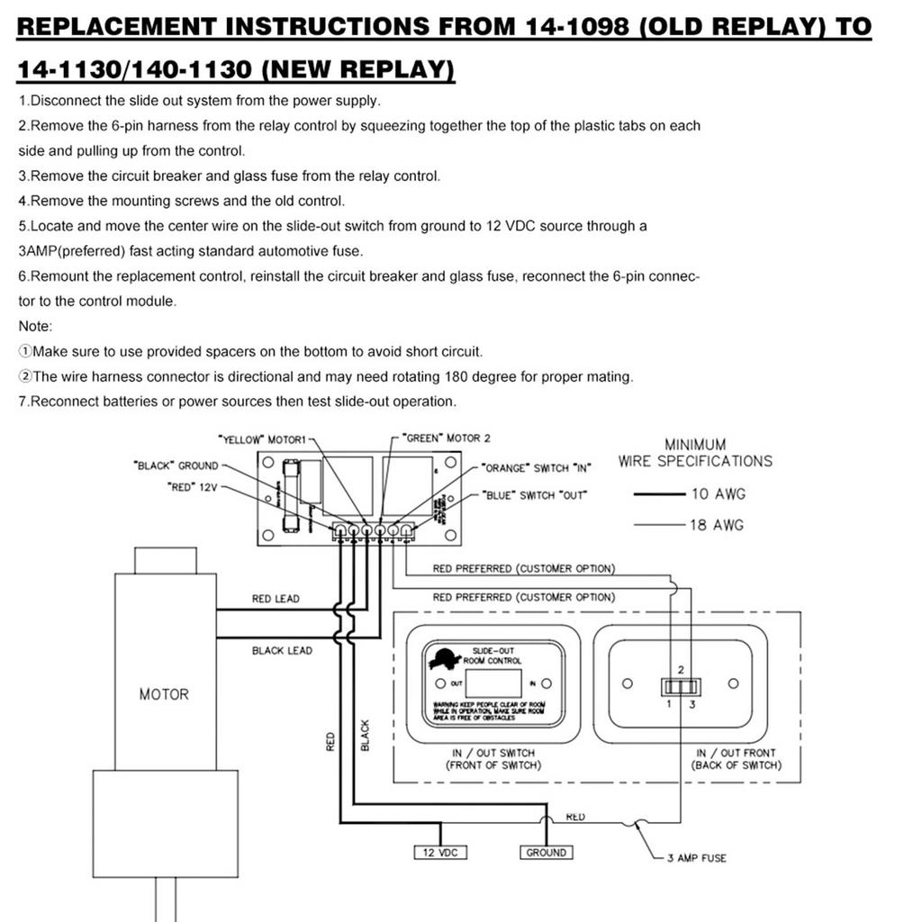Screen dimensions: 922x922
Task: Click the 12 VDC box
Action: (x=440, y=852)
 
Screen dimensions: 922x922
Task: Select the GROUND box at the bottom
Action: (x=546, y=852)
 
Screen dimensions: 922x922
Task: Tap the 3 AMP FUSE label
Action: (x=696, y=858)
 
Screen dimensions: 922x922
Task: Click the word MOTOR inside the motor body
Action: (x=164, y=694)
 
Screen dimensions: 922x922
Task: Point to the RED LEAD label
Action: (x=276, y=599)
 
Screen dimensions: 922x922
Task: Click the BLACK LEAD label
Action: (x=282, y=650)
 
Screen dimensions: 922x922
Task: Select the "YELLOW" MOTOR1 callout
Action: (x=262, y=439)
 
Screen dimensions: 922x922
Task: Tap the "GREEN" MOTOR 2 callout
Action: (x=447, y=438)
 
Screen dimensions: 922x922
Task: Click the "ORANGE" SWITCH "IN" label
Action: (x=538, y=468)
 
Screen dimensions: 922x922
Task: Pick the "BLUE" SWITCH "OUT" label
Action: (x=534, y=495)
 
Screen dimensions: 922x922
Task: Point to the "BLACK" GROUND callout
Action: (x=176, y=466)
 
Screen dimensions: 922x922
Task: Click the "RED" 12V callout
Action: (x=193, y=486)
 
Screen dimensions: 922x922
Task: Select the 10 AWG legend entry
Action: (x=718, y=493)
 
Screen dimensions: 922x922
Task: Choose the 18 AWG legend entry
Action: (x=718, y=525)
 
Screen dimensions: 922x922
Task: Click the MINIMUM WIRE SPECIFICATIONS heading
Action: (x=695, y=453)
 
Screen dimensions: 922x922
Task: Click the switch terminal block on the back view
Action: (x=682, y=687)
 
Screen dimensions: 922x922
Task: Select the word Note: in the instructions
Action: (x=36, y=326)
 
